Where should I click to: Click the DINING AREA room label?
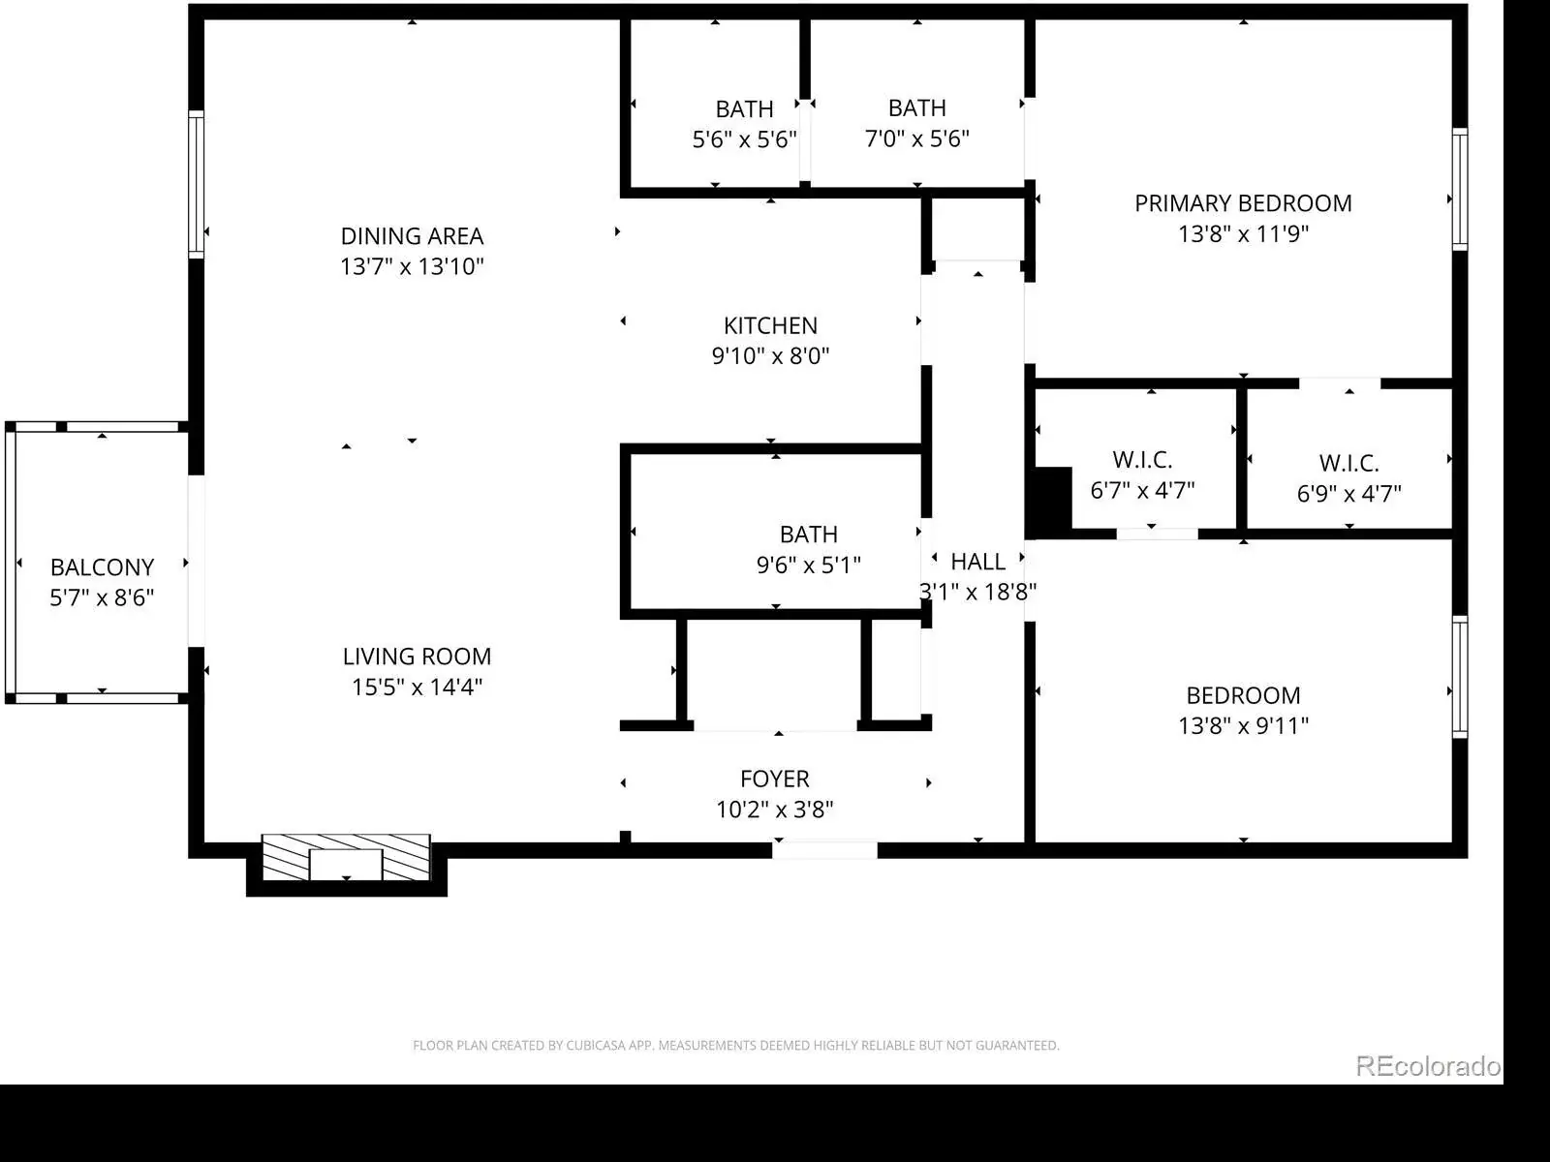point(413,235)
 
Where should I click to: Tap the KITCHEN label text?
point(770,325)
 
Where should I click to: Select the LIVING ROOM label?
point(417,657)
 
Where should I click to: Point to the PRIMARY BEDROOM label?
point(1243,203)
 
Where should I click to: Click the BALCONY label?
point(102,567)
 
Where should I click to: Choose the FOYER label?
point(775,779)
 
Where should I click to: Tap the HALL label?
point(978,562)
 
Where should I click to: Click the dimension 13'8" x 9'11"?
point(1243,726)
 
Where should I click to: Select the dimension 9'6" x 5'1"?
point(809,566)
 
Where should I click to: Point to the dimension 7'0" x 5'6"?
point(916,139)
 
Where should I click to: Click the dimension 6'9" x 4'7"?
point(1348,494)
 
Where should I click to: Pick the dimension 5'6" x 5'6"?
point(744,139)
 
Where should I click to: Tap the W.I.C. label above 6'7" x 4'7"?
point(1142,460)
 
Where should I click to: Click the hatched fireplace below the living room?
point(346,857)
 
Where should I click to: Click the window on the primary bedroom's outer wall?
point(1459,189)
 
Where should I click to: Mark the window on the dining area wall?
point(197,184)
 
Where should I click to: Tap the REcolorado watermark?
point(1428,1066)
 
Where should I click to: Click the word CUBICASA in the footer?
point(595,1046)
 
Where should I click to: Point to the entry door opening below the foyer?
point(824,849)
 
